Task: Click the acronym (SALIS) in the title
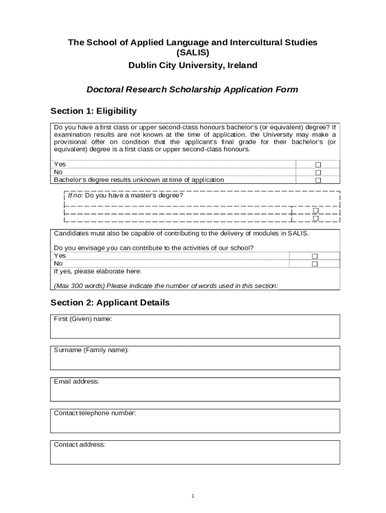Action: pos(192,53)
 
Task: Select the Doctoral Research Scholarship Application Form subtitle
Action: pos(192,90)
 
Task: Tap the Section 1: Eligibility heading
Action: pos(94,111)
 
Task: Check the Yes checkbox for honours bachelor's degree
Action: pos(317,165)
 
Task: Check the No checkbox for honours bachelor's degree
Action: pos(317,172)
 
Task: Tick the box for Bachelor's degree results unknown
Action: pos(317,180)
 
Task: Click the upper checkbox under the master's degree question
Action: pos(315,210)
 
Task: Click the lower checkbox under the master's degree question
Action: pos(315,218)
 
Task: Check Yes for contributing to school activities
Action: pos(315,256)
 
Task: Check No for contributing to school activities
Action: pos(315,264)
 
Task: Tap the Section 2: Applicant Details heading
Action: pos(110,303)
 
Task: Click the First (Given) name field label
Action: pos(83,319)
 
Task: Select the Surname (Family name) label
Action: pos(91,350)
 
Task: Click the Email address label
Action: pos(76,381)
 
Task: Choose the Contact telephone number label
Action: pos(95,413)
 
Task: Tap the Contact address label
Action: pos(79,444)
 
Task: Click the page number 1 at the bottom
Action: pos(192,496)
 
